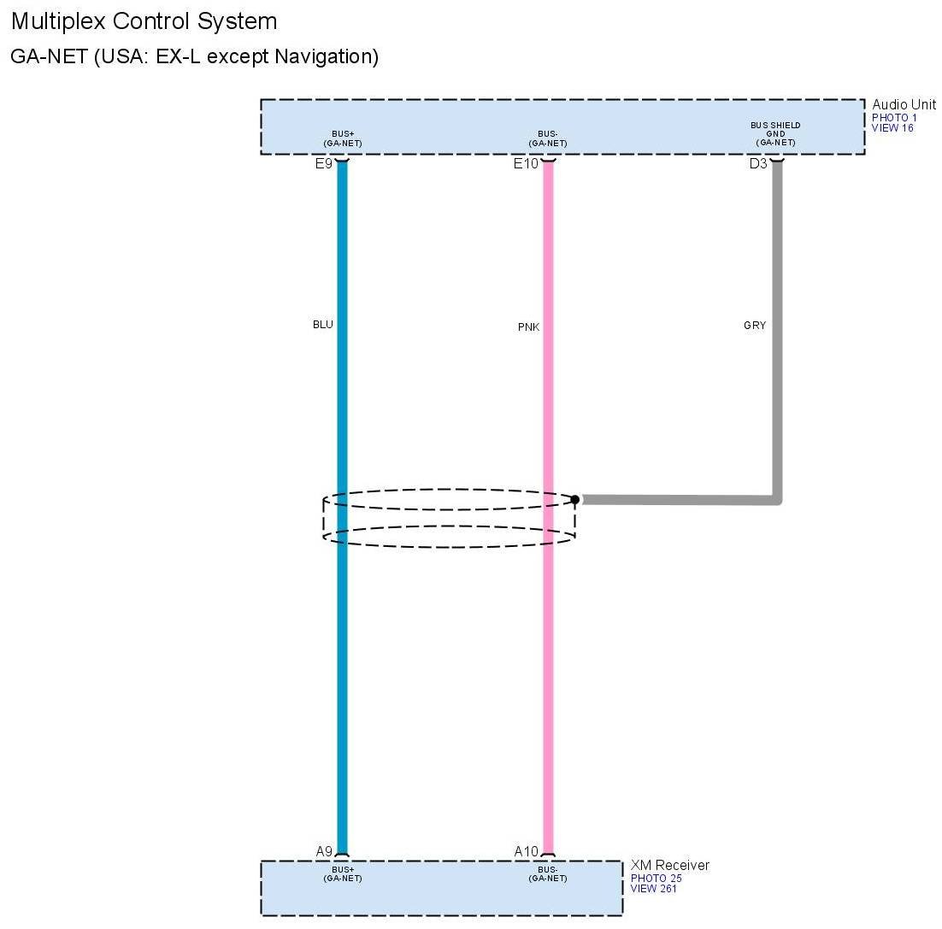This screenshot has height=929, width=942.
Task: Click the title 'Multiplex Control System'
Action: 144,21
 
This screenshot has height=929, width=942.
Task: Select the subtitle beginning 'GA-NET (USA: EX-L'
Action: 194,57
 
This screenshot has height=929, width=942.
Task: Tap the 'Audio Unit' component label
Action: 904,104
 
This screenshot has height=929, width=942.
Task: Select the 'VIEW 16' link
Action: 892,127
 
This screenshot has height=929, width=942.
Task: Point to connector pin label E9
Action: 323,163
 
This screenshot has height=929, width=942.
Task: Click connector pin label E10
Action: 526,163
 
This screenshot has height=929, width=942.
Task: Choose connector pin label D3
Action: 758,163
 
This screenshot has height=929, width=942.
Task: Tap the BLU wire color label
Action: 322,325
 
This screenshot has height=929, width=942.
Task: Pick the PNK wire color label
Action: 528,327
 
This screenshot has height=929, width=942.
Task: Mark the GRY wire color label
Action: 755,326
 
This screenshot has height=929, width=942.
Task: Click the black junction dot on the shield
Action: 575,499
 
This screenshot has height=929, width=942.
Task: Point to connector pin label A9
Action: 324,851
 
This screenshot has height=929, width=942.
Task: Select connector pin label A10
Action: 527,851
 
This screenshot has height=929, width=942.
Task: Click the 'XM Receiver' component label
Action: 669,866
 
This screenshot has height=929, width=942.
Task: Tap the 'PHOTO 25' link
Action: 656,879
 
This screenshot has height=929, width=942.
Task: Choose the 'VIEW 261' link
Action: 654,889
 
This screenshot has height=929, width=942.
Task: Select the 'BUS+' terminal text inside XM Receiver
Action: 343,870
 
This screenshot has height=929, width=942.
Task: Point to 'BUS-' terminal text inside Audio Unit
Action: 548,134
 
